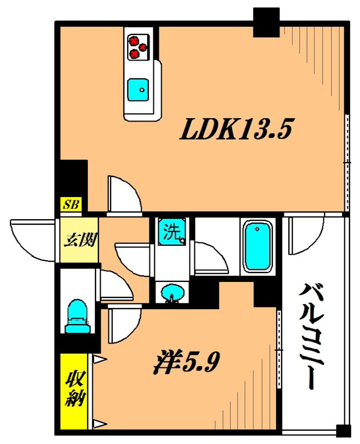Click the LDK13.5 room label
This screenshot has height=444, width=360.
click(x=235, y=132)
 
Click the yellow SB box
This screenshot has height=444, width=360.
click(x=71, y=205)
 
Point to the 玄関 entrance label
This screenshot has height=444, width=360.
click(x=79, y=241)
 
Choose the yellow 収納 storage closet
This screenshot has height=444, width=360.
click(x=73, y=391)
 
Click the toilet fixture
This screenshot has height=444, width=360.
click(x=76, y=317)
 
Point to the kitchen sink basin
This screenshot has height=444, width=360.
click(x=139, y=89)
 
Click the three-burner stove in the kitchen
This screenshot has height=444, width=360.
click(x=138, y=47)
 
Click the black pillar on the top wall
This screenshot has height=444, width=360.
click(x=266, y=23)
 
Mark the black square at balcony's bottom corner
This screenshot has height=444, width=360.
click(x=344, y=431)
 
